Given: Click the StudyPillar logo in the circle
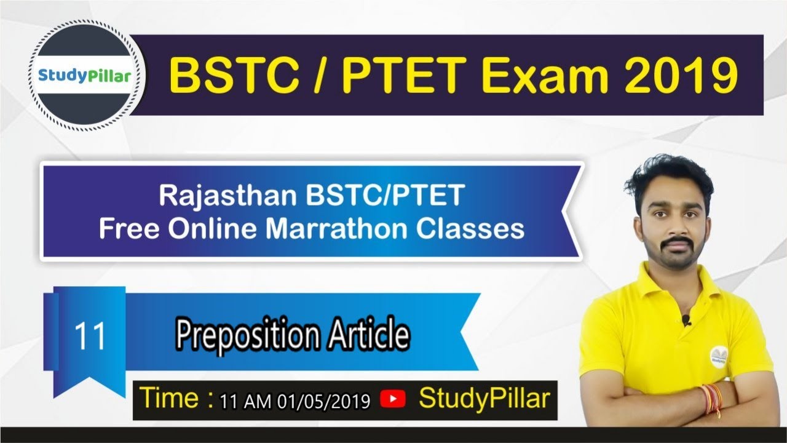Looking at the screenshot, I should click(x=85, y=76).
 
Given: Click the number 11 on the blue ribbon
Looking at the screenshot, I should click(x=90, y=337).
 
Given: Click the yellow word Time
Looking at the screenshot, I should click(x=169, y=398).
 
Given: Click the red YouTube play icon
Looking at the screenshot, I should click(x=393, y=399).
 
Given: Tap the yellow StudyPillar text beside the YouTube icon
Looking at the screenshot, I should click(x=484, y=398).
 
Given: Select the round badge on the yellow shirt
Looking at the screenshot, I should click(x=720, y=355).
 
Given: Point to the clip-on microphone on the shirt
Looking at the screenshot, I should click(x=687, y=319).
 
